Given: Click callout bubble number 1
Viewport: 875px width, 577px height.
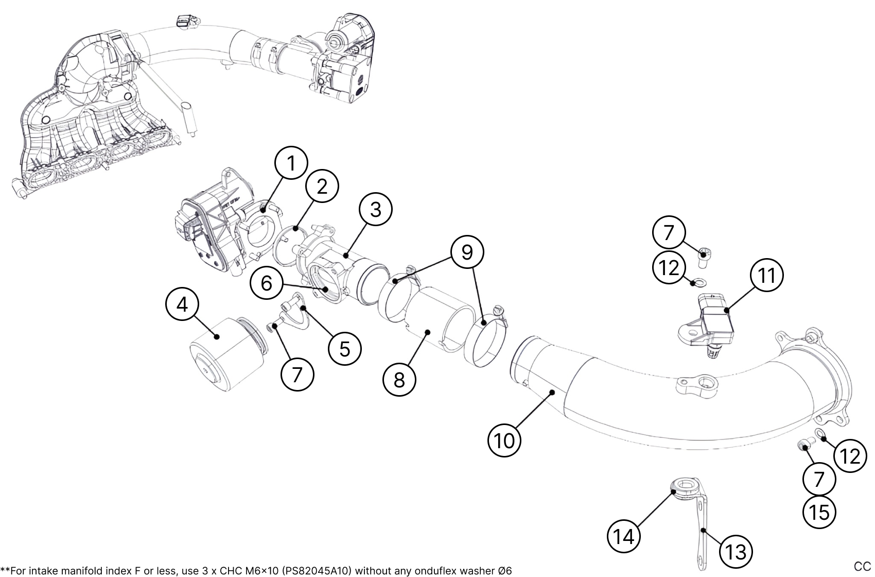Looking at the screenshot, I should [x=291, y=163].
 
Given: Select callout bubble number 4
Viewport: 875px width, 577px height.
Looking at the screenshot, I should [x=182, y=305].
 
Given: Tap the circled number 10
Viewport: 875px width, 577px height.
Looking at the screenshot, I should [x=504, y=441].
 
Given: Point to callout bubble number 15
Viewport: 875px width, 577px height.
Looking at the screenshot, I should [x=819, y=512].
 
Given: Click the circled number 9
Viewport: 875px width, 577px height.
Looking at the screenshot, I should [x=466, y=252].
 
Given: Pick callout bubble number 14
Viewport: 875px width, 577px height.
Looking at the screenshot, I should [x=624, y=537].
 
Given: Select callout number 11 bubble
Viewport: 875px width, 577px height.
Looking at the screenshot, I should [x=767, y=275].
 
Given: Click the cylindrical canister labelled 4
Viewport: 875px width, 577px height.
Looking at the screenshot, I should [x=226, y=355].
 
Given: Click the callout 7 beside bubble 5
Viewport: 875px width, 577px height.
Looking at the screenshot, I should [x=297, y=375].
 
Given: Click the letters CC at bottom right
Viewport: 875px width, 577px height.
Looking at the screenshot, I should [x=862, y=566].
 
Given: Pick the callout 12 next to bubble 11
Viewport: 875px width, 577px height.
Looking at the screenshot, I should [x=669, y=267].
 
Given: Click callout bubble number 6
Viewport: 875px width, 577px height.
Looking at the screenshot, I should [x=267, y=283].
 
